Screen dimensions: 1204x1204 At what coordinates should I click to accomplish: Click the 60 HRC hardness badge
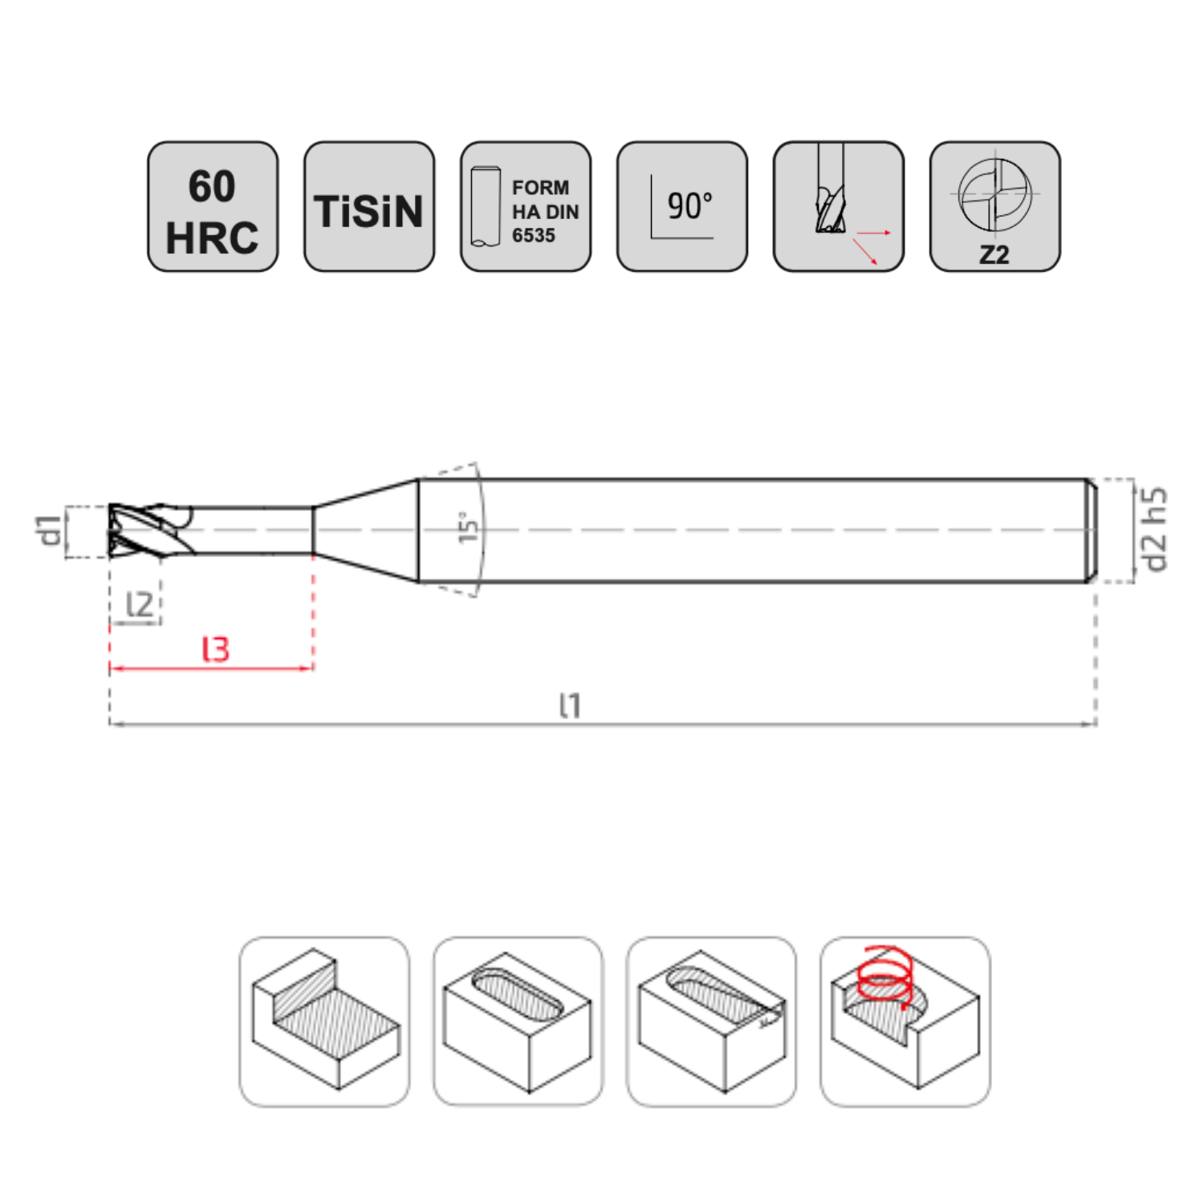point(213,207)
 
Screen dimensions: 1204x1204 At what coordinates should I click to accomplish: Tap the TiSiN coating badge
point(369,207)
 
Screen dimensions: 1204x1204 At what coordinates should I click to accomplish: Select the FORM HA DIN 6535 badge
point(526,207)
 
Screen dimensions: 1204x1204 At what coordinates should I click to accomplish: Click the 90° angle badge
point(682,207)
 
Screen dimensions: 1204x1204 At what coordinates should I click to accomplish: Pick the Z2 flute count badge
point(995,207)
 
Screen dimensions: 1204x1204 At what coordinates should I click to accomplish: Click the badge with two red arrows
point(839,207)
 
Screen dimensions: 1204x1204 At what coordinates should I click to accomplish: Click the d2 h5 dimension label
point(1154,530)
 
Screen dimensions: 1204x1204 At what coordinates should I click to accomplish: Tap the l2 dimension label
point(139,604)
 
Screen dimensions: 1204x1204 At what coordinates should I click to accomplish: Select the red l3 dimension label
point(215,649)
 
